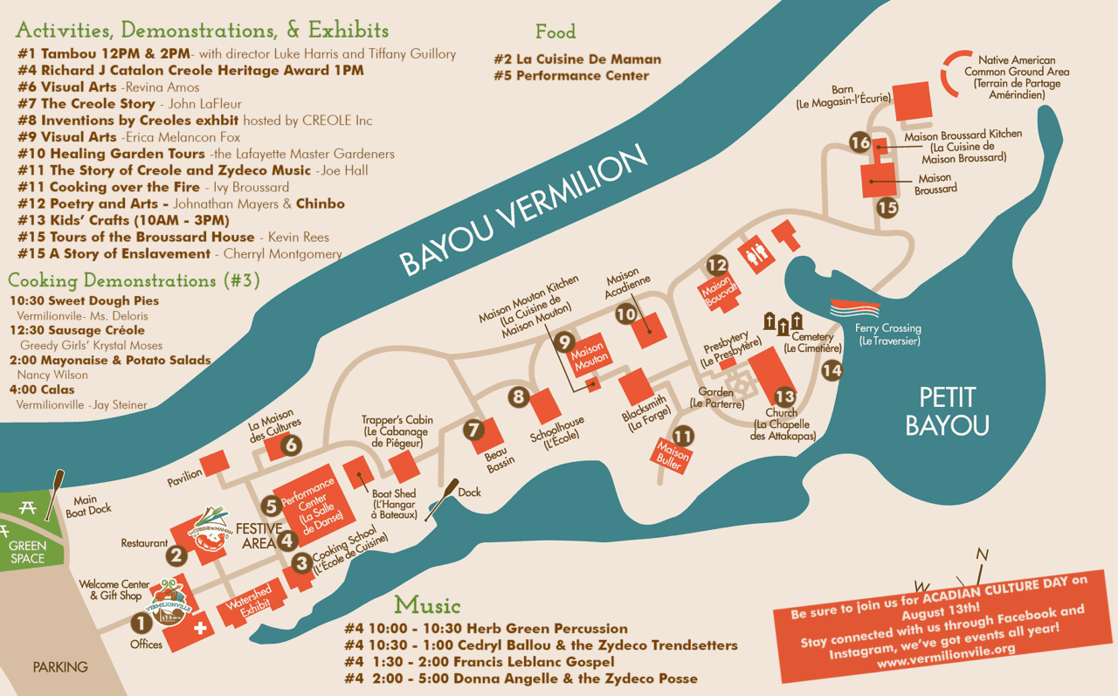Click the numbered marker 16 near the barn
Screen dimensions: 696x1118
pyautogui.click(x=860, y=143)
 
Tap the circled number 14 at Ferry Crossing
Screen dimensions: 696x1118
pyautogui.click(x=832, y=370)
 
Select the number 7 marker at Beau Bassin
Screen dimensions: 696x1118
pyautogui.click(x=473, y=430)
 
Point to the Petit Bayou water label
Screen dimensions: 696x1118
pyautogui.click(x=947, y=411)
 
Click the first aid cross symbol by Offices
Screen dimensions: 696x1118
pyautogui.click(x=202, y=627)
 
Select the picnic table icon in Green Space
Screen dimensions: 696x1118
pyautogui.click(x=28, y=508)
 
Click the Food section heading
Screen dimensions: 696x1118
pyautogui.click(x=556, y=32)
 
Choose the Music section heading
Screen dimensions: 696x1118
pyautogui.click(x=427, y=604)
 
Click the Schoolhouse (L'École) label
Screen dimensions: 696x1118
pyautogui.click(x=557, y=431)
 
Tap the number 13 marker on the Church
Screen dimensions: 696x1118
pyautogui.click(x=784, y=396)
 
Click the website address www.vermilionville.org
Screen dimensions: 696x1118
pyautogui.click(x=946, y=649)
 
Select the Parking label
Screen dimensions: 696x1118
pyautogui.click(x=60, y=667)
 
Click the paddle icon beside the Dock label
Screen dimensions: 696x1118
pyautogui.click(x=441, y=499)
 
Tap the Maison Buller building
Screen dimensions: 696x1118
pyautogui.click(x=673, y=454)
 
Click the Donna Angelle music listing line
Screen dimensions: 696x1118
pyautogui.click(x=521, y=679)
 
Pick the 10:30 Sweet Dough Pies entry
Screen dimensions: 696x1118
pyautogui.click(x=84, y=300)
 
